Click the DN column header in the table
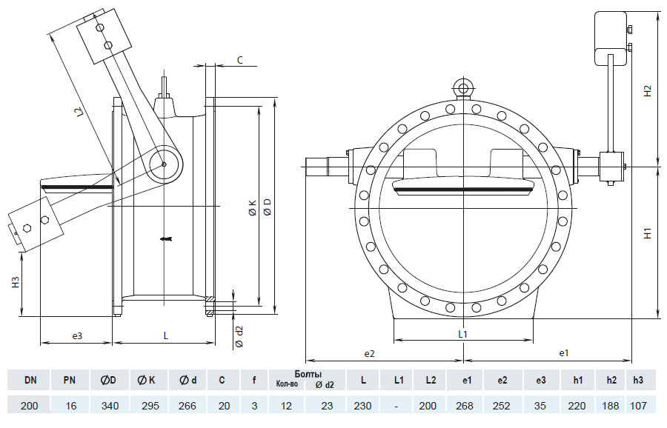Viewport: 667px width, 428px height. click(x=30, y=380)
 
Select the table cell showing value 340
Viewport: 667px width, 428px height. click(x=109, y=406)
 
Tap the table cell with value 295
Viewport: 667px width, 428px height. click(x=150, y=406)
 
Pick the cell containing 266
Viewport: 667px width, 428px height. click(x=188, y=406)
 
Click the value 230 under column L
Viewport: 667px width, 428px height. click(x=363, y=406)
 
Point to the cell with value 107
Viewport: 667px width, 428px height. click(x=638, y=406)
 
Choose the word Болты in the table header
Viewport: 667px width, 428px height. click(x=308, y=375)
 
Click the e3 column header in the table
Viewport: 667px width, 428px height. click(x=540, y=380)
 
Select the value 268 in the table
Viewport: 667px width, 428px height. click(x=465, y=406)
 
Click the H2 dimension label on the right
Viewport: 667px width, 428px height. click(x=648, y=90)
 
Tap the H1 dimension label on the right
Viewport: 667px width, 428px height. click(x=648, y=233)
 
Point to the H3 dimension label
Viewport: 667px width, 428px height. click(x=16, y=282)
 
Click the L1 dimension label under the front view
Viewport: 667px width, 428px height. click(x=462, y=334)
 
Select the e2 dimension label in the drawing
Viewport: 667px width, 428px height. click(x=369, y=354)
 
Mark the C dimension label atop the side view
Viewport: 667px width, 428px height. click(x=240, y=61)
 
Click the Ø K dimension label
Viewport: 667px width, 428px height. click(x=252, y=208)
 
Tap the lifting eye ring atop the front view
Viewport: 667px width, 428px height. click(x=463, y=88)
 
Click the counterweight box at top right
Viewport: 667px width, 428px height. click(x=610, y=39)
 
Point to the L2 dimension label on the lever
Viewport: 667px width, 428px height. click(x=79, y=113)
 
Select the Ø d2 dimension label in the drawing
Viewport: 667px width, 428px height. click(x=239, y=336)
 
